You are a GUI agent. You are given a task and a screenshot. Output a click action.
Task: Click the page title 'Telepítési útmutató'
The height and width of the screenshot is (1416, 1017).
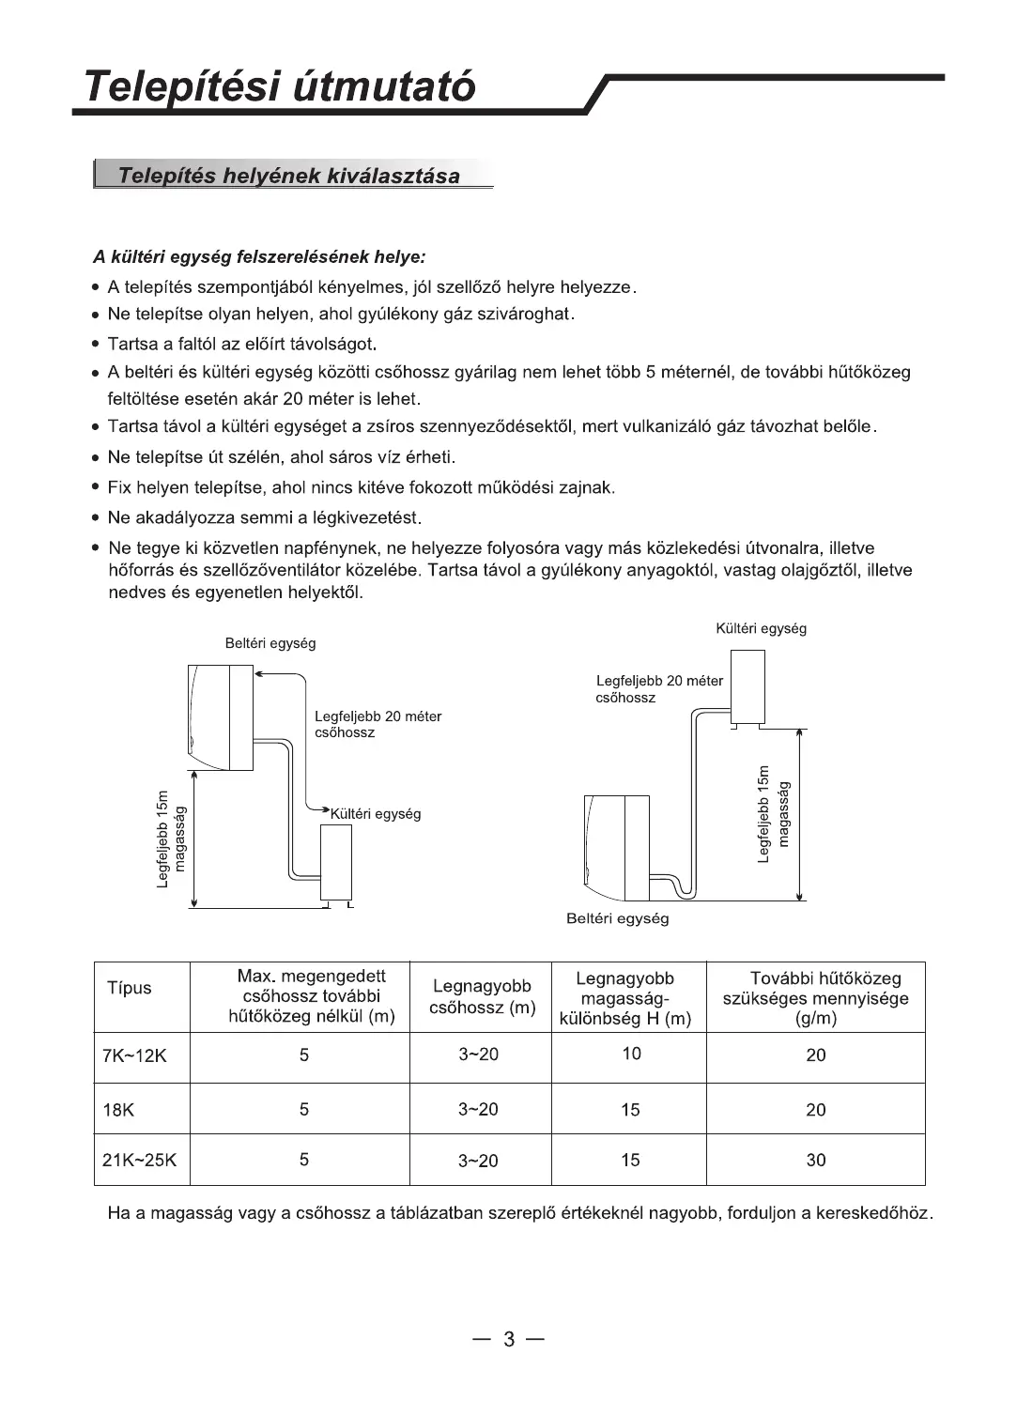(279, 86)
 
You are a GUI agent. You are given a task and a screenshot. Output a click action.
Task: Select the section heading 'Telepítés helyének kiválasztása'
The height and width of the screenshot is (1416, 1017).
(289, 176)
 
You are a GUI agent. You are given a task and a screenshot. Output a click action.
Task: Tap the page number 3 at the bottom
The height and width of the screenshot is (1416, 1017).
(508, 1339)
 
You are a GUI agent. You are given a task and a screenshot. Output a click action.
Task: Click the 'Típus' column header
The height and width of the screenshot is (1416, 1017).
(129, 988)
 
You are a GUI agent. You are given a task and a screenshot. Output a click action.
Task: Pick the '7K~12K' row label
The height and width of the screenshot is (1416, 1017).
(134, 1055)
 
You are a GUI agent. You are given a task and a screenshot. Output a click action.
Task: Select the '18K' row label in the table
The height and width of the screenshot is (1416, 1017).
(118, 1110)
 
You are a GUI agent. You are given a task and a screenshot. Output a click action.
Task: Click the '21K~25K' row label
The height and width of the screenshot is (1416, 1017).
(139, 1160)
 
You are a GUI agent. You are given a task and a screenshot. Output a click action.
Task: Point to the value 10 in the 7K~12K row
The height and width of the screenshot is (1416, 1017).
(631, 1054)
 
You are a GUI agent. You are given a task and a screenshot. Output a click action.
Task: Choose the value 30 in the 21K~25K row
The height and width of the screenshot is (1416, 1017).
(815, 1160)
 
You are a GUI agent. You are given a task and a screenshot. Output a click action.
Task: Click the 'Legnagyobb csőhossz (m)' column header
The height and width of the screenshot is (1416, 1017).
(482, 997)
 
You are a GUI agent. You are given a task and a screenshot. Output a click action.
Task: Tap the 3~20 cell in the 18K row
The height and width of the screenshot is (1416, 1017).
(478, 1109)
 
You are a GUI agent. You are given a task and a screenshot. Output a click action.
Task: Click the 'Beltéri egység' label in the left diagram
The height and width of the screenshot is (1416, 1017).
(270, 643)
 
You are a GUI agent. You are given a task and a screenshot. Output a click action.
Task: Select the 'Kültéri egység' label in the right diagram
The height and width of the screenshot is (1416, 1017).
(761, 628)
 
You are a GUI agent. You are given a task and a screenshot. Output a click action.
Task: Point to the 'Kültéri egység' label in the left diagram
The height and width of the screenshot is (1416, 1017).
(376, 814)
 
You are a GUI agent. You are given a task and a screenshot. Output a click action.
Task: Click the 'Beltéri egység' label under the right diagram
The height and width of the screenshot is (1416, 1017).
(617, 918)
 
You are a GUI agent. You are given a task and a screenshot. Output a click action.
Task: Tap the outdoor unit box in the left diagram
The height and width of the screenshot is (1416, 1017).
(335, 862)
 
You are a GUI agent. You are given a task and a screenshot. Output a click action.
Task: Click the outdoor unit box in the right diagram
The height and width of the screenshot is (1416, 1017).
(747, 686)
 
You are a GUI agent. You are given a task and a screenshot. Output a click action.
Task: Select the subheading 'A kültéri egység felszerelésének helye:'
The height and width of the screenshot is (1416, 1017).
(259, 256)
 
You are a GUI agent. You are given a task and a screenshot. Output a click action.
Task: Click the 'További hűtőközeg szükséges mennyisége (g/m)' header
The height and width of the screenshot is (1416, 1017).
(815, 997)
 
